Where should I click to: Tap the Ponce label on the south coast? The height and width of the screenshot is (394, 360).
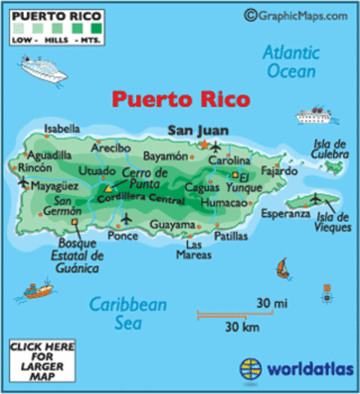pyautogui.click(x=122, y=236)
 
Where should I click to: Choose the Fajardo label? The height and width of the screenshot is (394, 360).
pyautogui.click(x=280, y=172)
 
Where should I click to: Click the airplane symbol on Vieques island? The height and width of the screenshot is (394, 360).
pyautogui.click(x=316, y=196)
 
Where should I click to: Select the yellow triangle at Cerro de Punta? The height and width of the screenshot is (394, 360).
pyautogui.click(x=107, y=189)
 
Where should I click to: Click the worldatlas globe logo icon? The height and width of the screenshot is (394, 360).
pyautogui.click(x=249, y=366)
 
